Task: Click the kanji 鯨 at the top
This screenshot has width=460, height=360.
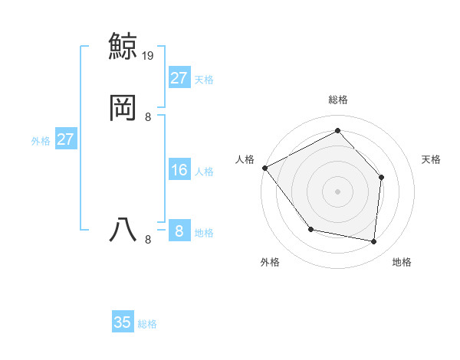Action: (123, 47)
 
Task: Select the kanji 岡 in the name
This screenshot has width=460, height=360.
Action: (123, 106)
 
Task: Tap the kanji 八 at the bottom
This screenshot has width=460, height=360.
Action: (123, 230)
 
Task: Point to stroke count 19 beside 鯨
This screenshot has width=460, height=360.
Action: (149, 55)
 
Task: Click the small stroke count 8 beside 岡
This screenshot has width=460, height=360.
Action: (147, 116)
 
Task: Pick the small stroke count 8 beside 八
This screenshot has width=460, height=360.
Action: (147, 240)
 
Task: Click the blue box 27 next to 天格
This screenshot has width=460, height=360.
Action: (179, 78)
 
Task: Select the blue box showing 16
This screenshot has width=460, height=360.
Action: (179, 170)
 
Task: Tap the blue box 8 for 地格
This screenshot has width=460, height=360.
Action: (179, 231)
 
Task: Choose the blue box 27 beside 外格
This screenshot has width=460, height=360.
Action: (66, 139)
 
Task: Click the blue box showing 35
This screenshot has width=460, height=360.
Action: (123, 322)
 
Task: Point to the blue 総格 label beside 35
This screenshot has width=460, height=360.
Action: (147, 324)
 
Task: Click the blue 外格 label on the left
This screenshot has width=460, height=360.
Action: (41, 141)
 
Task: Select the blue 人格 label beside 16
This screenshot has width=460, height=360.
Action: (205, 172)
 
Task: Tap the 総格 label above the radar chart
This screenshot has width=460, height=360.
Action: (338, 100)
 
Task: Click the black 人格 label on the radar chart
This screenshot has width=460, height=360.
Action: (245, 159)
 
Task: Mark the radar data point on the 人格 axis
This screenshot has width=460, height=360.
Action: (264, 168)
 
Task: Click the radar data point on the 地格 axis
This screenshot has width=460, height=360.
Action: (374, 241)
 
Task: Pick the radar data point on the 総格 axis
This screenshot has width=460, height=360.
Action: (337, 130)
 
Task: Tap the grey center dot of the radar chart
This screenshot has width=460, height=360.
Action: (337, 191)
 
